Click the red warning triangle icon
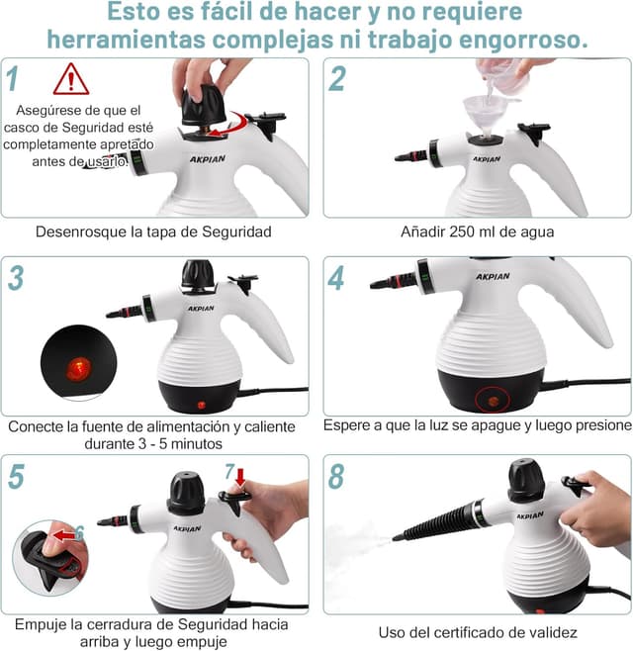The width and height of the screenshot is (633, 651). tap(71, 79)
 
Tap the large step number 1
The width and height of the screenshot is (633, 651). tap(13, 78)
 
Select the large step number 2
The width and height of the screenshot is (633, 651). tap(336, 78)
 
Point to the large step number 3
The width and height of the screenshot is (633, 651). tap(16, 277)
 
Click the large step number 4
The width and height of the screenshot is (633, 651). tap(336, 277)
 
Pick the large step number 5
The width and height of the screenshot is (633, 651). tap(16, 476)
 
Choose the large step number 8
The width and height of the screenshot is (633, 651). tap(336, 476)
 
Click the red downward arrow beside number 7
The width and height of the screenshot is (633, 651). tap(240, 477)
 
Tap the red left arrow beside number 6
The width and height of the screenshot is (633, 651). tap(64, 535)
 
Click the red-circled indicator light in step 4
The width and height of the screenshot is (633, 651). tap(493, 402)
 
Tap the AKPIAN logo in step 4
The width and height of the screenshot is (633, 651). tap(493, 276)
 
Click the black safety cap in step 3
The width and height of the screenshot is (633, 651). tap(198, 274)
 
